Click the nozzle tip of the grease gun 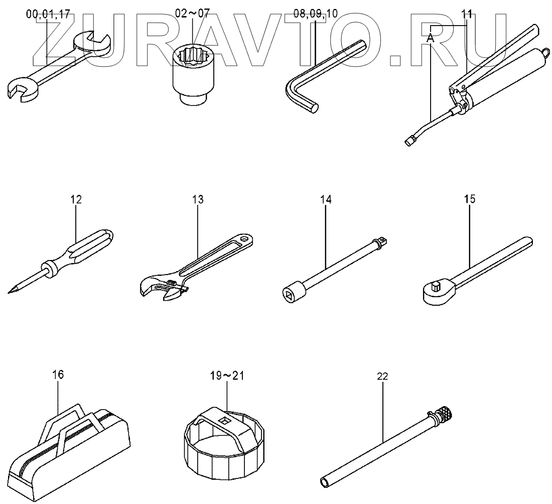pyautogui.click(x=407, y=142)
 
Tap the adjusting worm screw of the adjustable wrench pyautogui.click(x=171, y=285)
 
